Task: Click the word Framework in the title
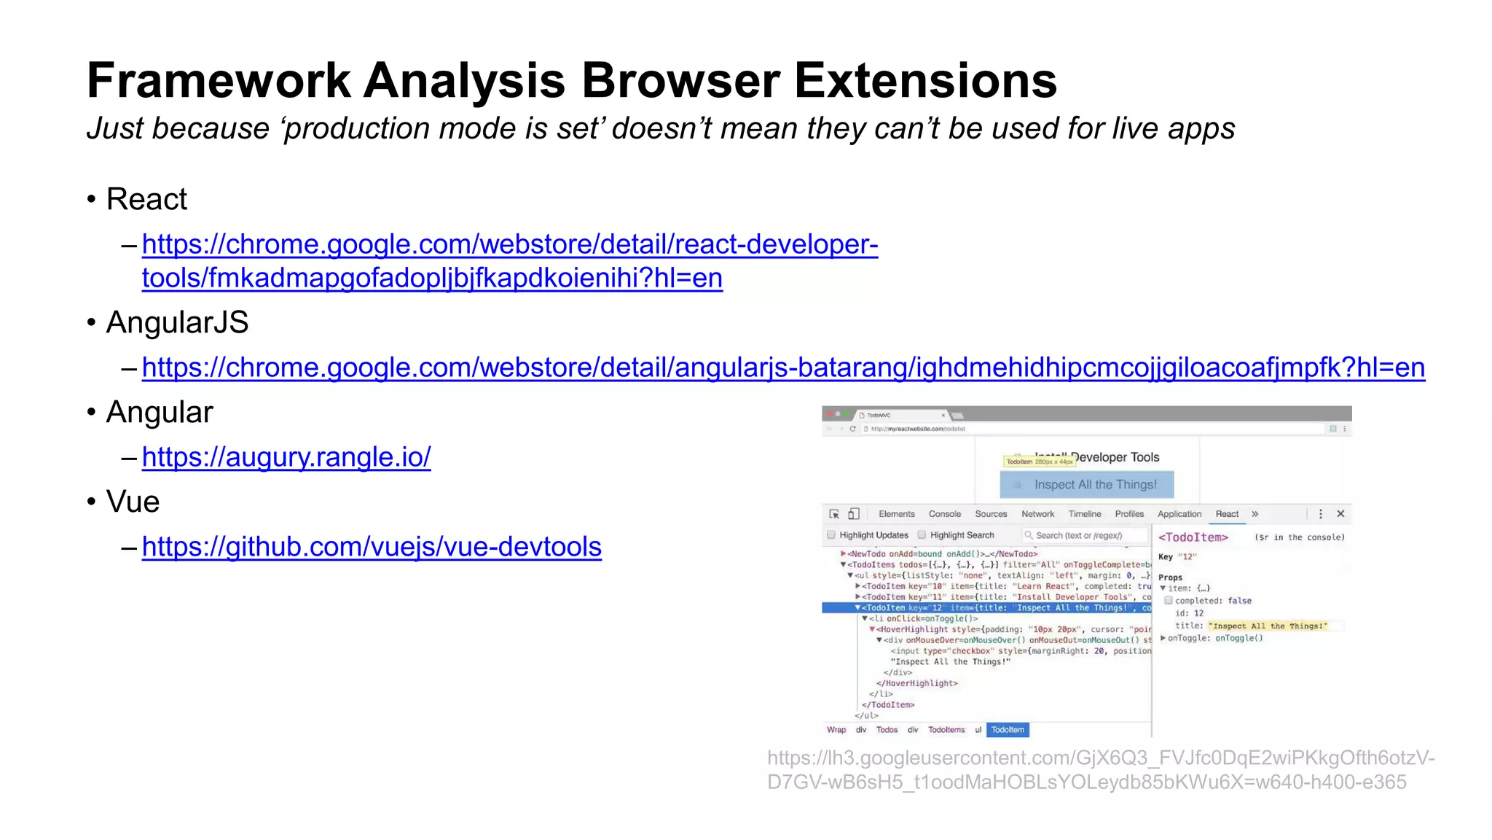tap(219, 80)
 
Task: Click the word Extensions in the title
tap(925, 80)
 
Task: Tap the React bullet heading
tap(146, 199)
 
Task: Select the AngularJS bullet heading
tap(177, 322)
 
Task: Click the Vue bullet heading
tap(133, 502)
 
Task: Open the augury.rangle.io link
tap(286, 457)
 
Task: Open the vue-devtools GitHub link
tap(372, 547)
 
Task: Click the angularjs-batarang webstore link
tap(783, 367)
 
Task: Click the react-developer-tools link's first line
tap(510, 244)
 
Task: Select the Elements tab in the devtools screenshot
tap(896, 514)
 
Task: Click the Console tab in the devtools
tap(944, 514)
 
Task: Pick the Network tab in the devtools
tap(1037, 514)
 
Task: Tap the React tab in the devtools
tap(1227, 514)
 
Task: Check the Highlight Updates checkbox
tap(831, 535)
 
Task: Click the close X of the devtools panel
tap(1340, 514)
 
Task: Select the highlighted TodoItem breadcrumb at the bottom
tap(1008, 730)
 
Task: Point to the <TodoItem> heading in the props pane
tap(1193, 537)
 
